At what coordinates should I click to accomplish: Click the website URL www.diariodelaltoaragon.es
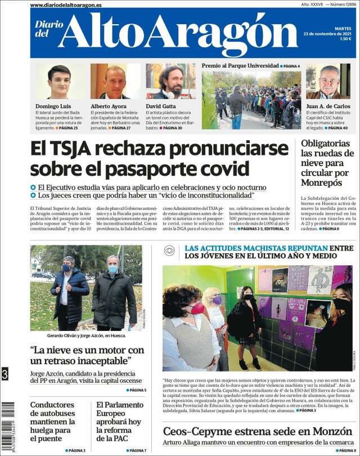(66, 5)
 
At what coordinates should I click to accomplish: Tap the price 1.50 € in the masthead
(345, 39)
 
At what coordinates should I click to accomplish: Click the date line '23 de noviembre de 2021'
(327, 33)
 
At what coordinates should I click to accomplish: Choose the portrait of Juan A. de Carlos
(328, 82)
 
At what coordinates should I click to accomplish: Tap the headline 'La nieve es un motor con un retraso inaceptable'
(87, 356)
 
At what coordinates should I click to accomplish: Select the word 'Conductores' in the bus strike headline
(52, 404)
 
